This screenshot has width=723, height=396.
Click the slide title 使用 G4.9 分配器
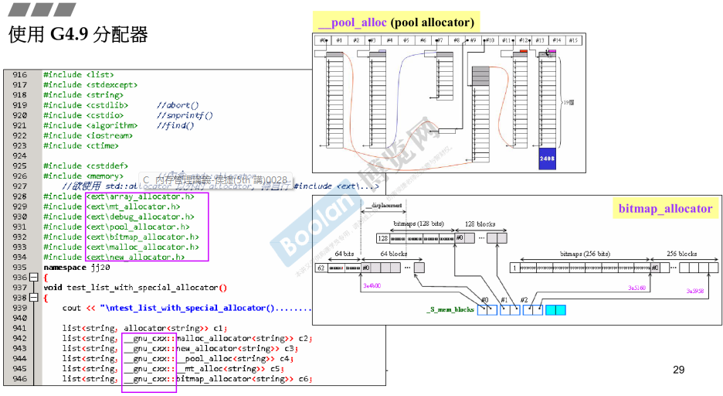click(77, 35)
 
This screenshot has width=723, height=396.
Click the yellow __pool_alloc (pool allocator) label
click(395, 22)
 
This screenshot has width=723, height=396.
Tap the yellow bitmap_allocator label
click(664, 208)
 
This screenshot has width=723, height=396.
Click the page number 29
click(678, 370)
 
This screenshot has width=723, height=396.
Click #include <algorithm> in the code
click(90, 125)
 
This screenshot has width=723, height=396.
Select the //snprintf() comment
click(185, 115)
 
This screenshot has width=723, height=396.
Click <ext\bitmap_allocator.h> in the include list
click(142, 237)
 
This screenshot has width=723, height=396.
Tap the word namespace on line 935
click(64, 267)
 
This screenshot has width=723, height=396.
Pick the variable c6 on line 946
click(304, 378)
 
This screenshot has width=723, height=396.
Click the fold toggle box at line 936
click(33, 277)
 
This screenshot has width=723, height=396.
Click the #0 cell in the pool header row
click(322, 39)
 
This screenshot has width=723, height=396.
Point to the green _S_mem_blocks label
click(449, 309)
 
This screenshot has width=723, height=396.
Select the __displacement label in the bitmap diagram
click(385, 206)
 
